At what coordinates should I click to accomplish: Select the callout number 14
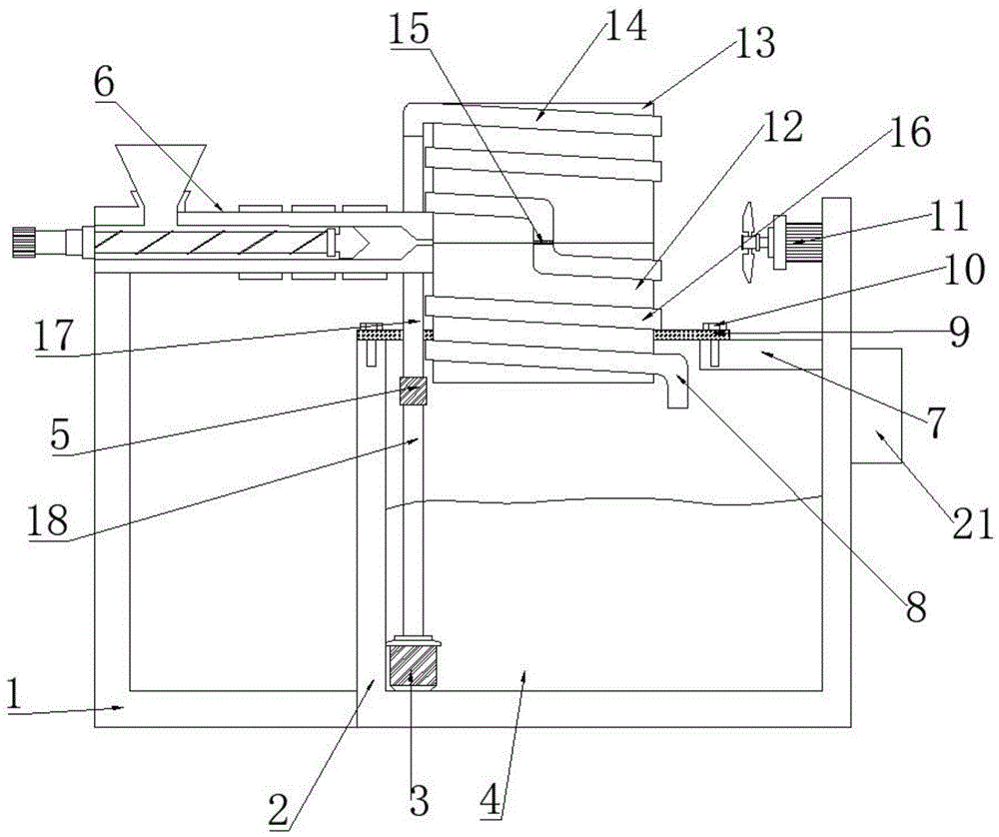pos(622,27)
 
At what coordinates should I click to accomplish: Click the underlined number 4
pos(493,798)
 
